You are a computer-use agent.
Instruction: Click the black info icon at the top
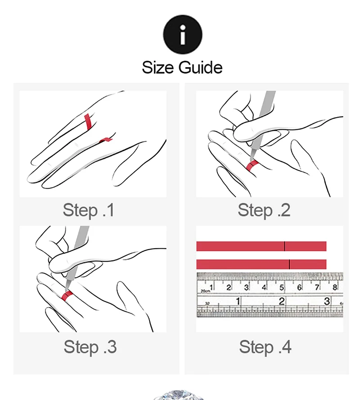click(183, 34)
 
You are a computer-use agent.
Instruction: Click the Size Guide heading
click(182, 68)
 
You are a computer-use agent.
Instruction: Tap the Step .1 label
click(88, 210)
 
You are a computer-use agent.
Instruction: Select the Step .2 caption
click(264, 210)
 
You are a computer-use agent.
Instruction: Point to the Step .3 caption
click(90, 347)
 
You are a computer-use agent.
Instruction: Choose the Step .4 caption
click(265, 347)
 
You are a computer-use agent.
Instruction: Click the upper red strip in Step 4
click(261, 246)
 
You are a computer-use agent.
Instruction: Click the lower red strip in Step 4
click(261, 264)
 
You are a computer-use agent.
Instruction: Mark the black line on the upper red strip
click(284, 246)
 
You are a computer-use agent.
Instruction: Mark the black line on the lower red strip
click(289, 264)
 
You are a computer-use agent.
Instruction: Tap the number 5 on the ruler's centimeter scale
click(282, 288)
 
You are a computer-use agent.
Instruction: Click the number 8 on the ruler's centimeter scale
click(335, 287)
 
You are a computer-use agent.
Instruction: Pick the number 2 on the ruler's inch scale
click(282, 301)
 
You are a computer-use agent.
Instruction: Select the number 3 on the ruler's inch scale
click(327, 301)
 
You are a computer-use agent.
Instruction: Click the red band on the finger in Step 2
click(253, 166)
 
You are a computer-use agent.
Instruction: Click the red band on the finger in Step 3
click(67, 295)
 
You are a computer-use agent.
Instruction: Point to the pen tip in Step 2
click(251, 160)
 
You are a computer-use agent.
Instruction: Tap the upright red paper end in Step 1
click(88, 122)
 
